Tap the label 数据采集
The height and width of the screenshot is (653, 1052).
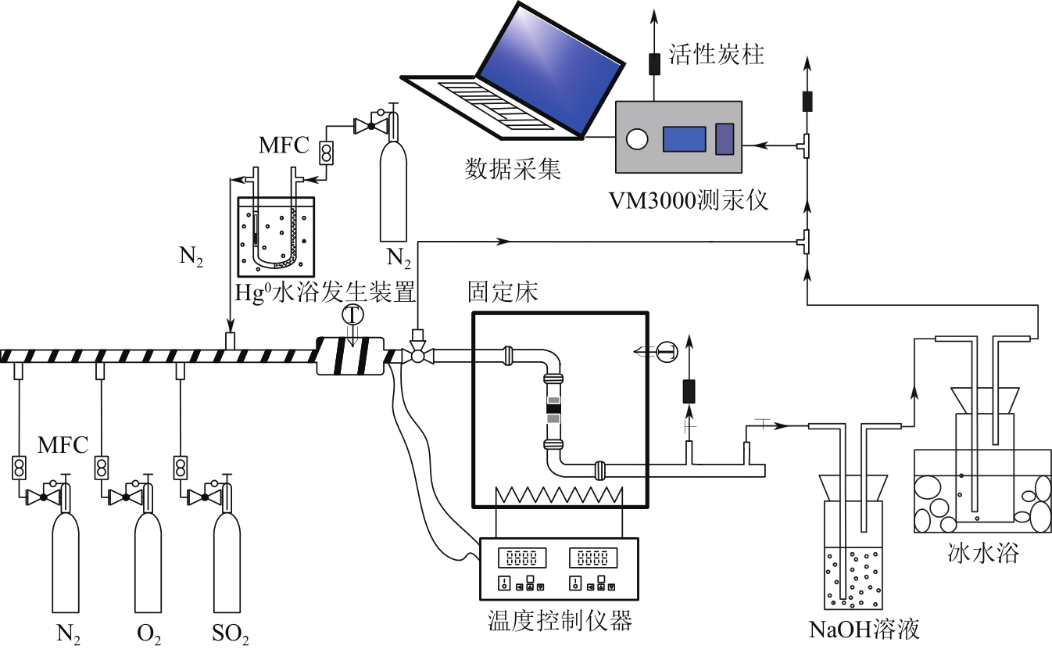point(513,169)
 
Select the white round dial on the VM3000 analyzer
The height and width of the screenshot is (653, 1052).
point(638,139)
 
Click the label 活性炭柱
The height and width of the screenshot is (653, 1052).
point(716,56)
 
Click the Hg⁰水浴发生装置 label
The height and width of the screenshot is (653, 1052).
point(324,292)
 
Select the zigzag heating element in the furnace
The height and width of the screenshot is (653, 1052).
point(559,495)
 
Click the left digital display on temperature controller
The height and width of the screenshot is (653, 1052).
point(521,558)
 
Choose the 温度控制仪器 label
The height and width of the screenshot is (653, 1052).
point(557,621)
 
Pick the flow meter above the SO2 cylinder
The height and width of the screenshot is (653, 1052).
point(181,467)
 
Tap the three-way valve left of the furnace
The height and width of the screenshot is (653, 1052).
point(417,356)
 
